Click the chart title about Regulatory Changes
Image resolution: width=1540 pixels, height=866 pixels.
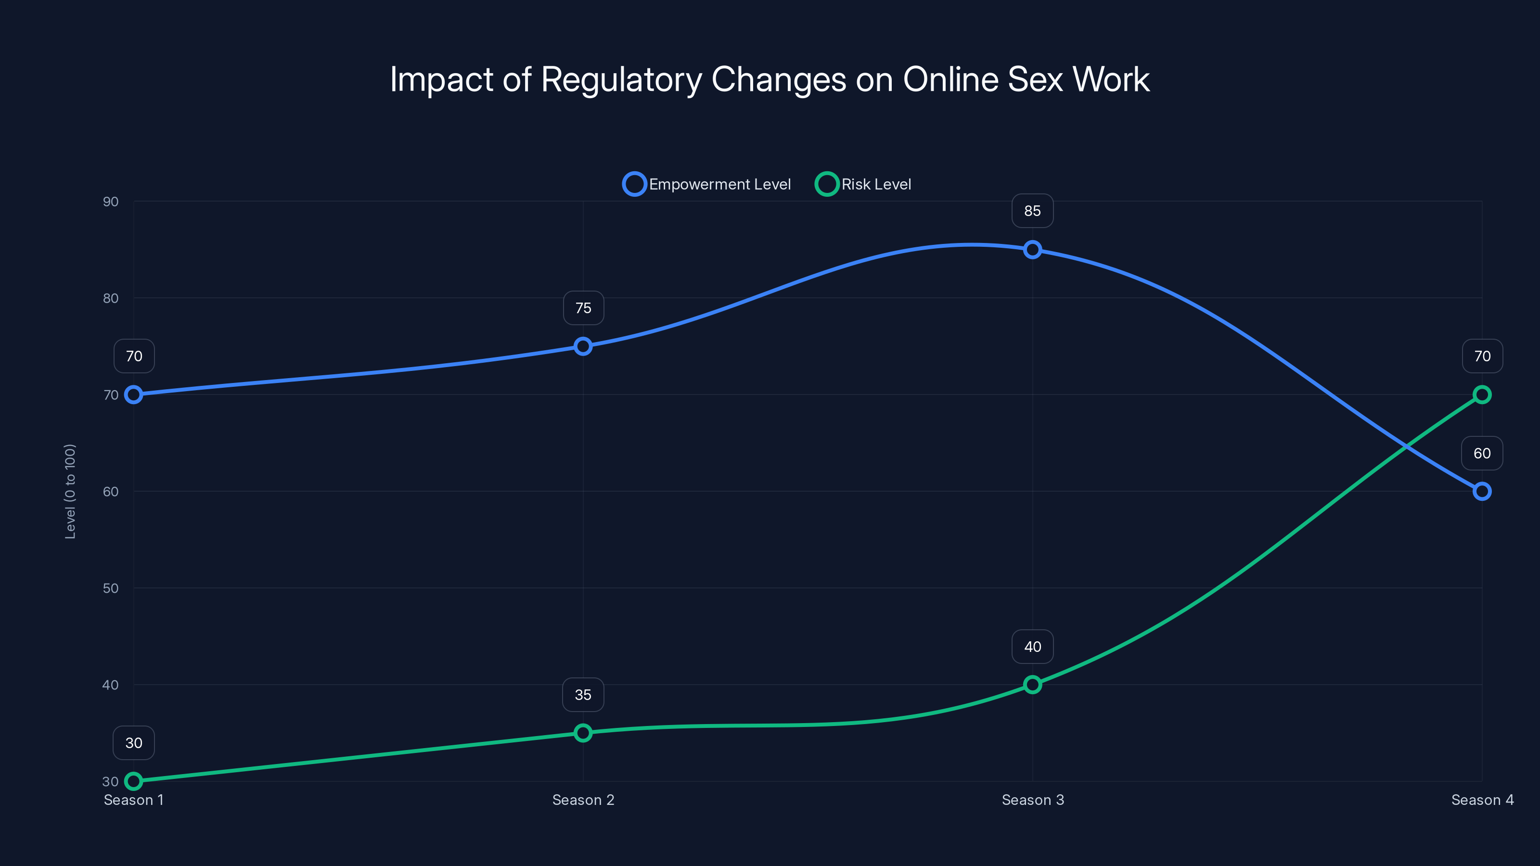(770, 79)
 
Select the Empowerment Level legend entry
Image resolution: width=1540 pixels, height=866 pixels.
(707, 184)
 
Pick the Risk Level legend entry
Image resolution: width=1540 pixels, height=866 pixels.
(864, 184)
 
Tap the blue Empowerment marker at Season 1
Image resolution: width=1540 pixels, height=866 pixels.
(134, 395)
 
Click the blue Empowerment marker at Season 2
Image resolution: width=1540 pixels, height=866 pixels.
(583, 346)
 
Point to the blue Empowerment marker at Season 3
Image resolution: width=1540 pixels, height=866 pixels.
(1032, 250)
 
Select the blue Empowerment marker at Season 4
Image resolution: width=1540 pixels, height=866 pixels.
(1482, 491)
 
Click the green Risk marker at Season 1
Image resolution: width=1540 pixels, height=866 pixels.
(134, 781)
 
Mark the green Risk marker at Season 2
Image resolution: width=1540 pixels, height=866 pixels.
(583, 733)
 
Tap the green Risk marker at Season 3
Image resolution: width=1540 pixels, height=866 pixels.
(1032, 684)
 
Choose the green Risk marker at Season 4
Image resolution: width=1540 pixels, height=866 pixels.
(1482, 395)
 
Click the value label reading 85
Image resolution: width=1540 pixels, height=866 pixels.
(1032, 211)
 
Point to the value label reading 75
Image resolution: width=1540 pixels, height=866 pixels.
(583, 308)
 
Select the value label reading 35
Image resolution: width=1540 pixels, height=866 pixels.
(583, 694)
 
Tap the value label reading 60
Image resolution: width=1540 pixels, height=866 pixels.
(1482, 453)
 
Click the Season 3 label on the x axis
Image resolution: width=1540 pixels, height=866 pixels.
(1032, 800)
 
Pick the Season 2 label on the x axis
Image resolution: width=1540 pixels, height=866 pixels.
(583, 800)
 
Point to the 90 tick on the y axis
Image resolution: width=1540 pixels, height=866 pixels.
(111, 202)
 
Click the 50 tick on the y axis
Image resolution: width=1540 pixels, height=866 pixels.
(111, 588)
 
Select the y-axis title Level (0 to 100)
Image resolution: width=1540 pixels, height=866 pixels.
(71, 491)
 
